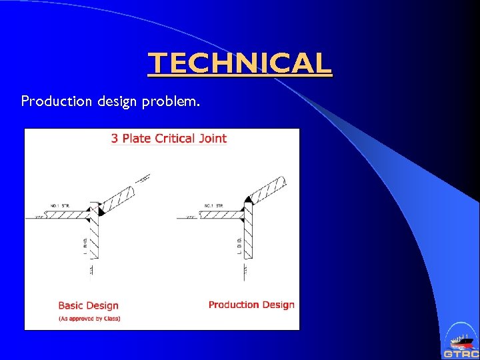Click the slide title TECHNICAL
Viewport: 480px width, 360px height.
coord(239,63)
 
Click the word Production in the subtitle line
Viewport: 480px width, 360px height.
coord(53,101)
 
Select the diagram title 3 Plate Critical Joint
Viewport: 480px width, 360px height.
coord(169,139)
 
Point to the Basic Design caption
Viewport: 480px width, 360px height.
coord(88,305)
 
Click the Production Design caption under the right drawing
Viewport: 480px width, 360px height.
coord(251,305)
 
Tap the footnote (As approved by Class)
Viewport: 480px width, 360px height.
coord(89,319)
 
